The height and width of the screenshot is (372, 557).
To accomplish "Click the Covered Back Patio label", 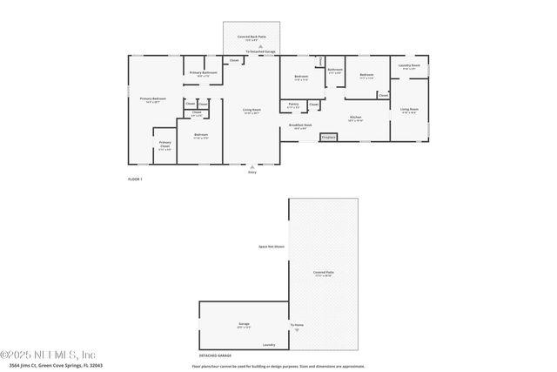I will (x=252, y=37).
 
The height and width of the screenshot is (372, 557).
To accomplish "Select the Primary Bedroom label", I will (x=153, y=98).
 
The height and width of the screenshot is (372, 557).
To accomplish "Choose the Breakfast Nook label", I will (x=300, y=127).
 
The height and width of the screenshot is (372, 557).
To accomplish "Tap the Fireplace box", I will (x=329, y=137).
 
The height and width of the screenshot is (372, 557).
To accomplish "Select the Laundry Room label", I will (x=409, y=66).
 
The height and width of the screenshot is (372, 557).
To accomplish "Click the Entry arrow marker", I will (x=252, y=166).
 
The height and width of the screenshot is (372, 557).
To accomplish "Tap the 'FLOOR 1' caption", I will (x=135, y=179).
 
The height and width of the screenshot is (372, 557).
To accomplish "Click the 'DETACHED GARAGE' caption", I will (x=215, y=356).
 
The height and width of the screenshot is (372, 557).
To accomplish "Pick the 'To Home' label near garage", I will (x=298, y=325).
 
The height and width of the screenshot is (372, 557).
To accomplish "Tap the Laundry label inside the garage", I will (x=269, y=345).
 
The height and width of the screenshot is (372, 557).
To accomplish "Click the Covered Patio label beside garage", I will (x=324, y=273).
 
